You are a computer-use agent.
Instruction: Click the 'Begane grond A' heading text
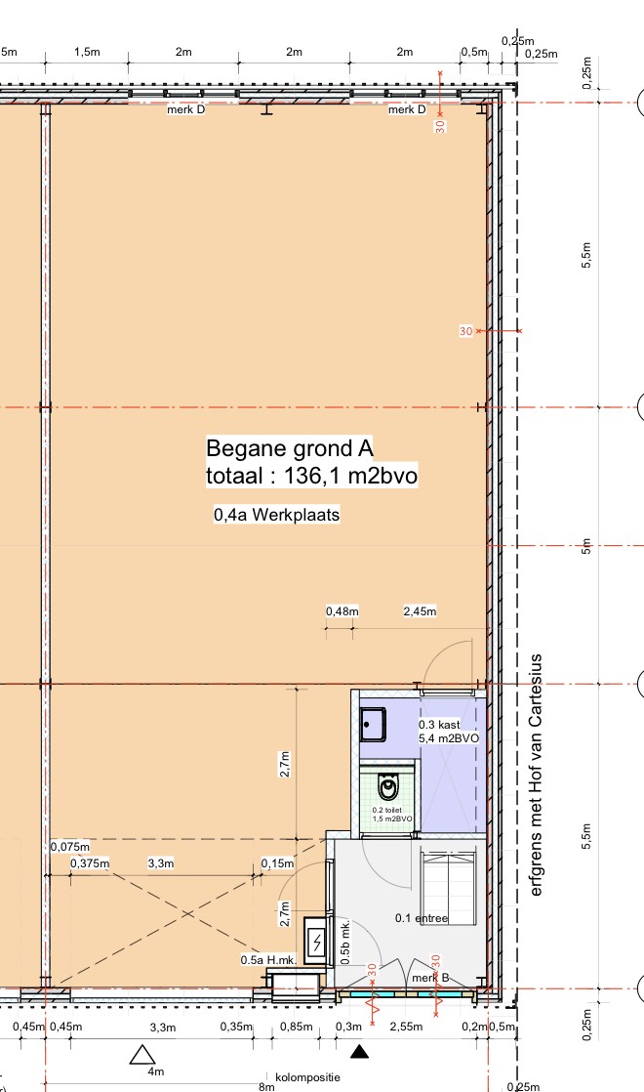[x=290, y=448]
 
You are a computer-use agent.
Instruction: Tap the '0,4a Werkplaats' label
[x=277, y=515]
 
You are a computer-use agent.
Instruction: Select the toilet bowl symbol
[x=388, y=787]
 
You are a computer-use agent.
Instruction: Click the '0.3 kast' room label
[x=439, y=725]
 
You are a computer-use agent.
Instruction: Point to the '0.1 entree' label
[x=422, y=918]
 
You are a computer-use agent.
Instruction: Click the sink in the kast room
[x=373, y=725]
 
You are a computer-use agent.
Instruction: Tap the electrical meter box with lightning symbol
[x=316, y=943]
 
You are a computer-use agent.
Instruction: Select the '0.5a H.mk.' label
[x=268, y=960]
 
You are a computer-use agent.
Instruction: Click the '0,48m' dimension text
[x=342, y=611]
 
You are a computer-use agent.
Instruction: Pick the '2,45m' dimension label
[x=420, y=611]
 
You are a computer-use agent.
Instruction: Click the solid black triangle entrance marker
[x=359, y=1051]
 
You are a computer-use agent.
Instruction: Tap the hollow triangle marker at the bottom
[x=142, y=1054]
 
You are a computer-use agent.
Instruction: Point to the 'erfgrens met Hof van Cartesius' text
[x=536, y=776]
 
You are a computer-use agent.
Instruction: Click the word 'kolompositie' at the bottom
[x=307, y=1077]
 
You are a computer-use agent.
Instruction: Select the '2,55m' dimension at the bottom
[x=406, y=1027]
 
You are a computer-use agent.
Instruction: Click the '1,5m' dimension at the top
[x=87, y=52]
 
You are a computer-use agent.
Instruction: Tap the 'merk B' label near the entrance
[x=430, y=978]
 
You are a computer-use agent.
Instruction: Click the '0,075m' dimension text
[x=70, y=847]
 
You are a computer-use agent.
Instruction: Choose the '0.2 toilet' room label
[x=387, y=810]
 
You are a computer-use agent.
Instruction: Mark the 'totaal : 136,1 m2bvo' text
[x=312, y=476]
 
